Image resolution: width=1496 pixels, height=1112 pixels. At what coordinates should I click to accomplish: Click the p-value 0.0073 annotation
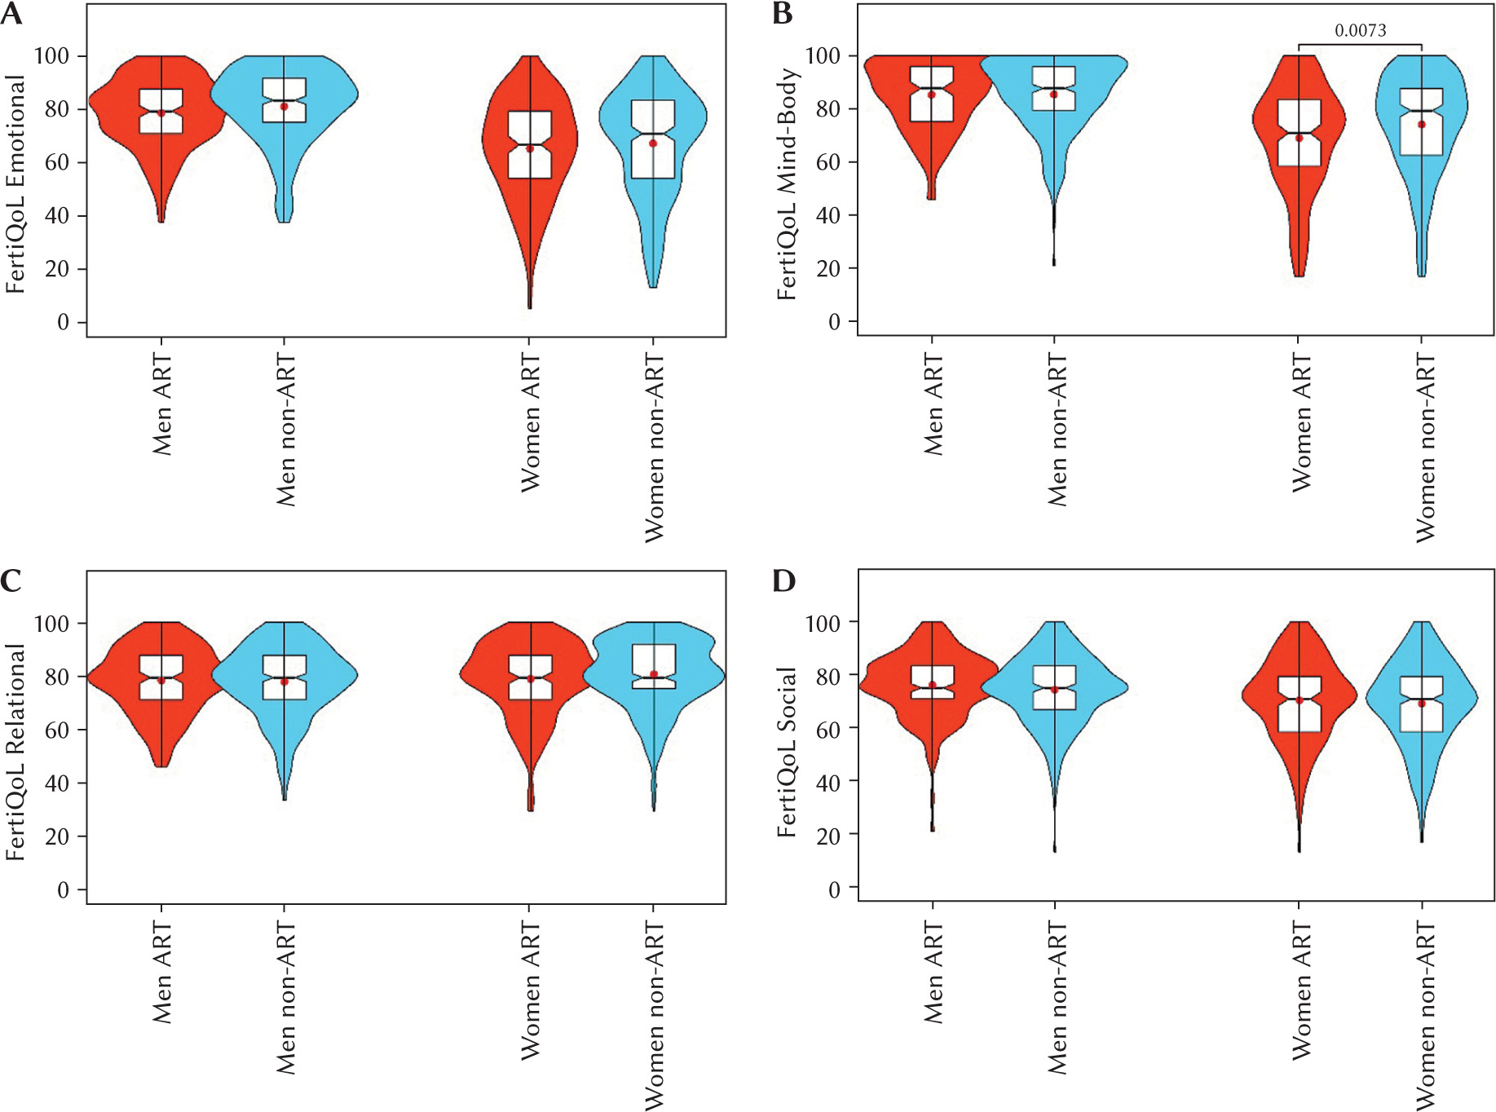(x=1360, y=31)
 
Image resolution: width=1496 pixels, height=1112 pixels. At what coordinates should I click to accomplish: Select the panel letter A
(x=11, y=15)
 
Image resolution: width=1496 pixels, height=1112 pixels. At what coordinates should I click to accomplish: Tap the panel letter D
(x=783, y=581)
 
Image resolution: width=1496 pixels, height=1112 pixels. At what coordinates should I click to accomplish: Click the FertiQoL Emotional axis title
(x=16, y=184)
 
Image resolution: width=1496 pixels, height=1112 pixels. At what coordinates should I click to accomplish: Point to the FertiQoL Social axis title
(x=787, y=752)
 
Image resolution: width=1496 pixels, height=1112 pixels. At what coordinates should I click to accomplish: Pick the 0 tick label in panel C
(x=63, y=890)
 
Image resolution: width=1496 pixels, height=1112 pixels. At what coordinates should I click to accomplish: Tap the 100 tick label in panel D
(x=823, y=624)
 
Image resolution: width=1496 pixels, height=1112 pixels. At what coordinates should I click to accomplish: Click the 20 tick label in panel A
(x=57, y=269)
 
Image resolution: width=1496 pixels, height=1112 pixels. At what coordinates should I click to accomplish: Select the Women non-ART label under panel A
(x=655, y=448)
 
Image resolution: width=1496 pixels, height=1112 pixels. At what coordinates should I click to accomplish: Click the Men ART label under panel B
(x=933, y=404)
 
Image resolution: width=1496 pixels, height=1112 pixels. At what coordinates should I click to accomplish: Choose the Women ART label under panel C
(x=531, y=991)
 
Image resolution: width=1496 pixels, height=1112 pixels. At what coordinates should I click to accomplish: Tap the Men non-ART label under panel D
(x=1057, y=998)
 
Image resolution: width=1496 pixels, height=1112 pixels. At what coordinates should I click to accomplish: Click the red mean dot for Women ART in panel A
(x=530, y=148)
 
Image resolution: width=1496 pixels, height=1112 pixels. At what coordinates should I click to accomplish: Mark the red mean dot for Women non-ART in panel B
(x=1422, y=125)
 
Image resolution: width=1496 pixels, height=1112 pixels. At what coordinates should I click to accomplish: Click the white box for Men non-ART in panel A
(x=284, y=100)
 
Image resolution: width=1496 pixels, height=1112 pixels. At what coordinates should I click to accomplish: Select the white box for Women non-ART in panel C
(x=654, y=666)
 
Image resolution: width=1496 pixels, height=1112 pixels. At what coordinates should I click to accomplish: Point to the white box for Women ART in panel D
(x=1300, y=704)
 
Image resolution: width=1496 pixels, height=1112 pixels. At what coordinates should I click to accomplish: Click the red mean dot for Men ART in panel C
(x=161, y=681)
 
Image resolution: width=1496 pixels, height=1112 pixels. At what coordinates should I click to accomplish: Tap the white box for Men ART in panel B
(x=932, y=95)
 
